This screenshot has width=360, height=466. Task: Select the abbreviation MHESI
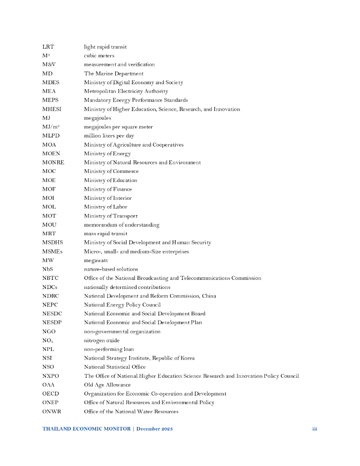(x=51, y=109)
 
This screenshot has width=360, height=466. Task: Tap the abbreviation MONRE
(x=53, y=162)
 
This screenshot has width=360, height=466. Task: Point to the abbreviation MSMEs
(x=52, y=252)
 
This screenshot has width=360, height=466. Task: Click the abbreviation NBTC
(x=51, y=278)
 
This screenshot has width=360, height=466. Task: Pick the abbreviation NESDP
(x=52, y=323)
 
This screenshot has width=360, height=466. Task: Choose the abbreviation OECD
(x=51, y=394)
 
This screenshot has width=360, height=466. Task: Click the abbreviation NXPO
(x=51, y=376)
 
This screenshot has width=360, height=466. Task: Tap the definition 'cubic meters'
(x=99, y=56)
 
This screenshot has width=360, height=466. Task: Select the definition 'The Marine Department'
(x=113, y=74)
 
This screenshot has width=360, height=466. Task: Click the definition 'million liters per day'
(x=109, y=136)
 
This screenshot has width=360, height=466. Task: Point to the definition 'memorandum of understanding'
(x=122, y=225)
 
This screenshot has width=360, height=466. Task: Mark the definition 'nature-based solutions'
(x=111, y=269)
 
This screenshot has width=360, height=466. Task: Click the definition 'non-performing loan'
(x=109, y=349)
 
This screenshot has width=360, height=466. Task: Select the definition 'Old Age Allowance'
(x=107, y=385)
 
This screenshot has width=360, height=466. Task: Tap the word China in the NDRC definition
(x=209, y=296)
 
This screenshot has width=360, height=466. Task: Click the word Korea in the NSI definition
(x=187, y=358)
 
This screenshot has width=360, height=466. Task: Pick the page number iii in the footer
(x=314, y=429)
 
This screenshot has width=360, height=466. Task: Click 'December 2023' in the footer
(x=154, y=429)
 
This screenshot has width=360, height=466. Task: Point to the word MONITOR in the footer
(x=116, y=429)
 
